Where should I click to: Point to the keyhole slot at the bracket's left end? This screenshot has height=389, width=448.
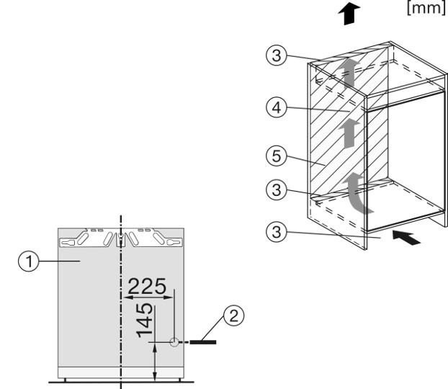71,243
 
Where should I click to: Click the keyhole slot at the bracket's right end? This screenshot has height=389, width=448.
171,243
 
